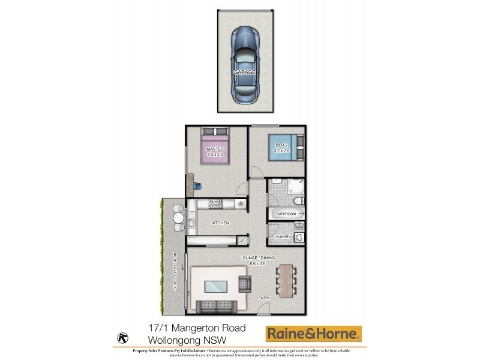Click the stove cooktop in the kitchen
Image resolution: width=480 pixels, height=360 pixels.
click(215, 205)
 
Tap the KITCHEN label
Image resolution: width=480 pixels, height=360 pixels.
click(220, 223)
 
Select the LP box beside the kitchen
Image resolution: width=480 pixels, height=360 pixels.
click(242, 241)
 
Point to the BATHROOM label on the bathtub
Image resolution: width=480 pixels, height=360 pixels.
click(286, 214)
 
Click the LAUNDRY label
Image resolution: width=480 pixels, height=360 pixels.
click(282, 236)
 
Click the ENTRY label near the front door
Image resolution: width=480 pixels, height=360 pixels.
click(264, 298)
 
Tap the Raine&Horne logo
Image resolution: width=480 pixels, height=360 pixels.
click(314, 333)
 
